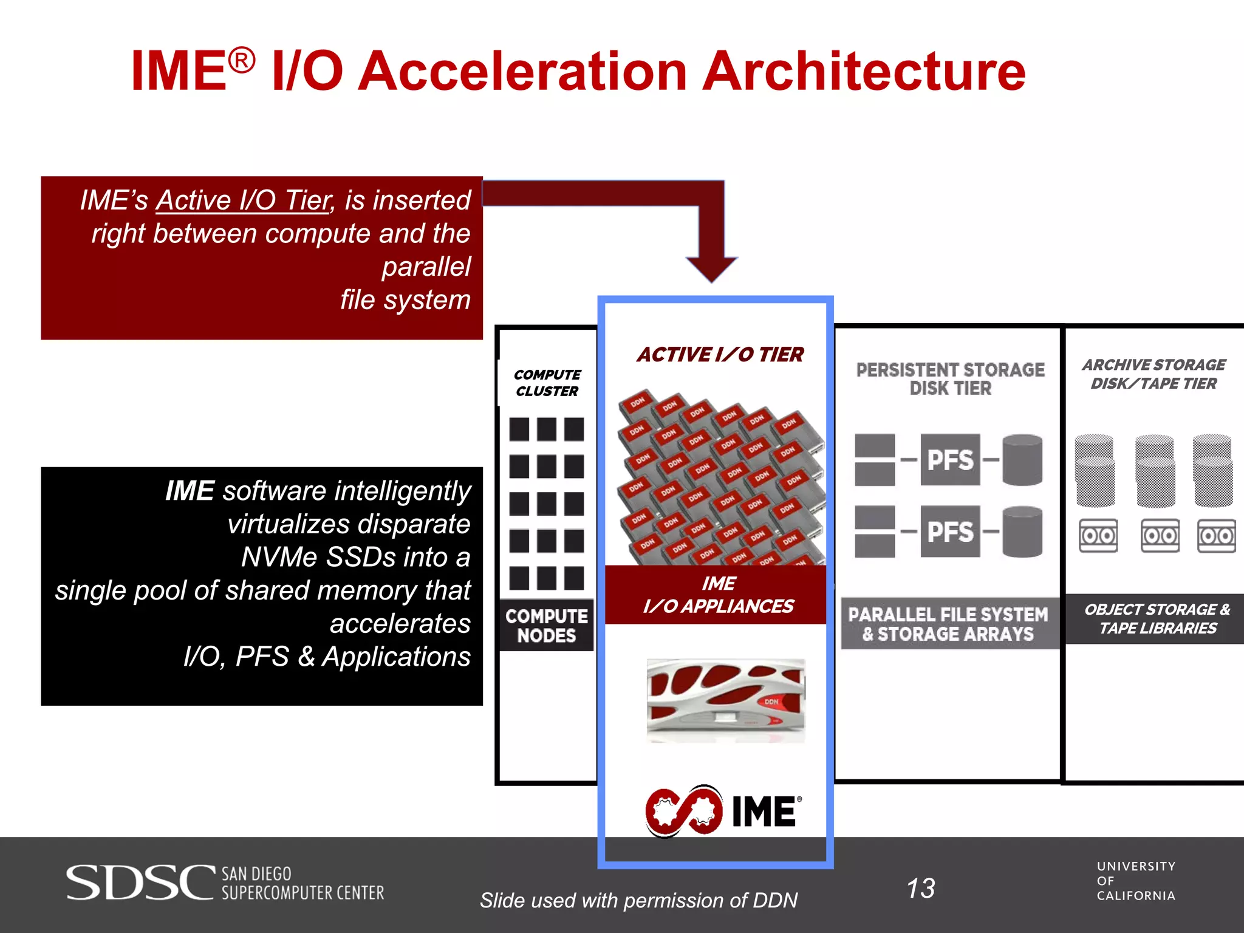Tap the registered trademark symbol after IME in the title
242,60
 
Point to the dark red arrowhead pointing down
711,267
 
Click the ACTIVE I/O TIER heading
720,354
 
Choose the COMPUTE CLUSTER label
547,383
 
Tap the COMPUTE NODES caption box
546,626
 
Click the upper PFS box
950,460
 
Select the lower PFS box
950,531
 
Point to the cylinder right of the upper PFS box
1022,460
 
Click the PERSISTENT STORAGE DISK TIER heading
950,378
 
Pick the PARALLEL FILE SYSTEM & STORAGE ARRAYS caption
948,624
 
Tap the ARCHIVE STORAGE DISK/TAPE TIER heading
1153,374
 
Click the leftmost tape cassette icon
1098,535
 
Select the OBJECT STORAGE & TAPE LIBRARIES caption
1157,618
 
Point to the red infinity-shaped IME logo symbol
684,811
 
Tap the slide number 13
921,888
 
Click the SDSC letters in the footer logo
140,883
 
